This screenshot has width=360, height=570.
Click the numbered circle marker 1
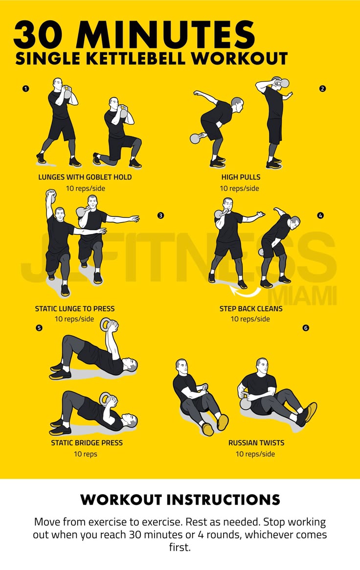(25, 89)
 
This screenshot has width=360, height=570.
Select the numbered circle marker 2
(322, 89)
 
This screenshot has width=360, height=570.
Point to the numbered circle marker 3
(160, 215)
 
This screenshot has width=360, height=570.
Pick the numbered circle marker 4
(320, 215)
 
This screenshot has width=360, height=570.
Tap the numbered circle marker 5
(39, 327)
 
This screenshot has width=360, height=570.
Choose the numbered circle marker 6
(306, 327)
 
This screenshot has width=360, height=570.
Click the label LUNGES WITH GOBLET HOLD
(85, 178)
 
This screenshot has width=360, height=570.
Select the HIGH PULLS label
(241, 178)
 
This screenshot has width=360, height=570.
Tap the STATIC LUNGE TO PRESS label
(75, 309)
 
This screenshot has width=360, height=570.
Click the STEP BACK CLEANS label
(250, 309)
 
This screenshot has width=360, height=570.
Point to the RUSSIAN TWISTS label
(256, 443)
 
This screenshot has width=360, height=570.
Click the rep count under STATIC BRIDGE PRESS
(86, 454)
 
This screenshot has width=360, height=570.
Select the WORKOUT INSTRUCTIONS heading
(180, 500)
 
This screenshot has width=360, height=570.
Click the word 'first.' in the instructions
(180, 547)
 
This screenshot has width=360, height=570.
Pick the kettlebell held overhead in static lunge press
(51, 196)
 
